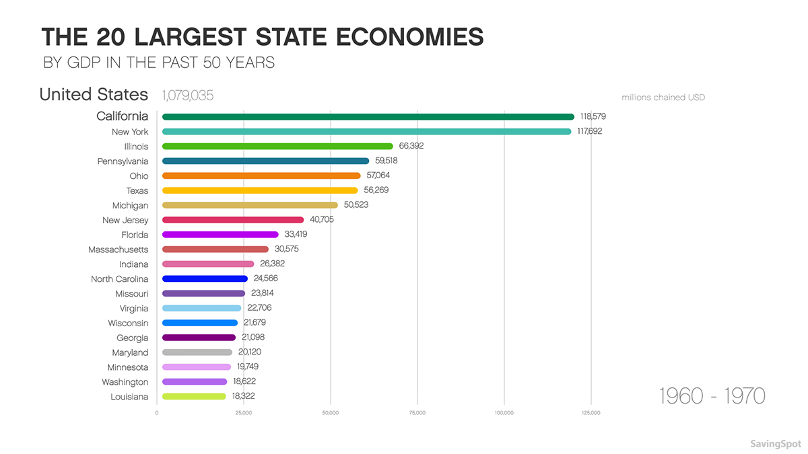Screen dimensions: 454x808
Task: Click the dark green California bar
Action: (368, 116)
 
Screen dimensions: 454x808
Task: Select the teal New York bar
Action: (366, 131)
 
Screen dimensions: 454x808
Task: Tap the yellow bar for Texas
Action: (260, 190)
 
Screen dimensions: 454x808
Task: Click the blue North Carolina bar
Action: (205, 278)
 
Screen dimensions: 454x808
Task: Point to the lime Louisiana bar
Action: (194, 397)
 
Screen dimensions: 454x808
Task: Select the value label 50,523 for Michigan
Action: (354, 205)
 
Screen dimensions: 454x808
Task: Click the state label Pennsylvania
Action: (123, 161)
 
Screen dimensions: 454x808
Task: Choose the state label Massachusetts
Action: (118, 250)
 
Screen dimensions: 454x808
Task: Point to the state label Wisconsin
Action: (128, 323)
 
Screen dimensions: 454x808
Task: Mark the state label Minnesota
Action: (127, 367)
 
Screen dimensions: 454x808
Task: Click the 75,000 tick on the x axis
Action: (417, 413)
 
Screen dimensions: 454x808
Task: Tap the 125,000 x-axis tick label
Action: (591, 413)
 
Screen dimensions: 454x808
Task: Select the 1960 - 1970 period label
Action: (712, 395)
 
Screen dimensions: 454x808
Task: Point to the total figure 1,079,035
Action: (187, 96)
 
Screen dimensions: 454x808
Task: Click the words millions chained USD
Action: (663, 98)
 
